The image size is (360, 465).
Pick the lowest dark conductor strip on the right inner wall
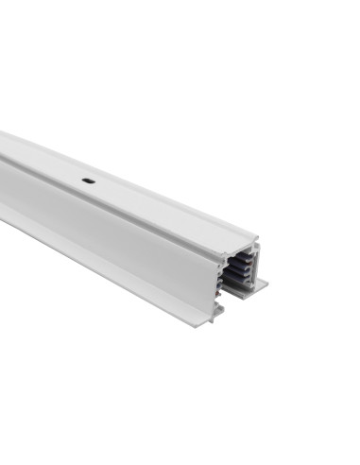pyautogui.click(x=246, y=281)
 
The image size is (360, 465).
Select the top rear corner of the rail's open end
pyautogui.click(x=258, y=236)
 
